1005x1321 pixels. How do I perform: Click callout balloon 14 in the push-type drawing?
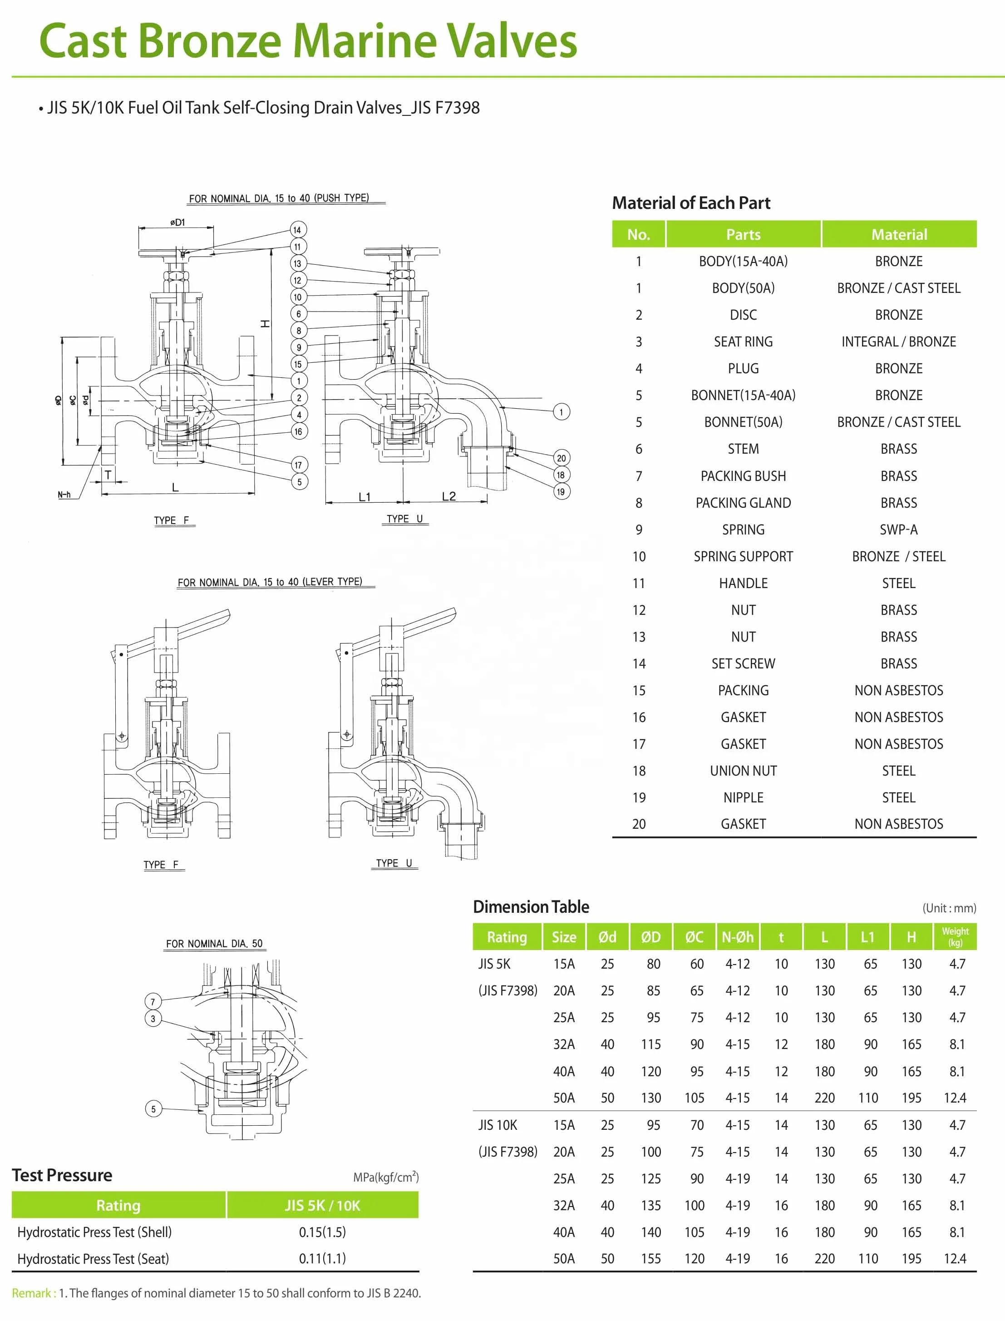(297, 230)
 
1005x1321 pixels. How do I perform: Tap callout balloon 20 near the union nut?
(561, 458)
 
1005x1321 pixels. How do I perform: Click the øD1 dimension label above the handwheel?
(177, 223)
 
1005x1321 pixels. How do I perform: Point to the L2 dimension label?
(448, 496)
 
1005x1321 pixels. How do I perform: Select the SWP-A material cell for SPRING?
(898, 529)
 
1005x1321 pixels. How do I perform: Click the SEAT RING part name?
(743, 341)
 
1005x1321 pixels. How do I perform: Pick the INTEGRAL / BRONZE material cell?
(898, 341)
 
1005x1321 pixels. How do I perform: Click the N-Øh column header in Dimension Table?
(737, 937)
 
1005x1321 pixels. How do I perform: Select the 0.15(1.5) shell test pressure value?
(322, 1232)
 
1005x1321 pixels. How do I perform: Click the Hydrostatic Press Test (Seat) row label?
(94, 1258)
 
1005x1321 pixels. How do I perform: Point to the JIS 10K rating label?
(498, 1125)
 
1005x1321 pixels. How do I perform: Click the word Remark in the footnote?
(31, 1293)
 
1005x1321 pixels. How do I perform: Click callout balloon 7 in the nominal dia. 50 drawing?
(153, 1001)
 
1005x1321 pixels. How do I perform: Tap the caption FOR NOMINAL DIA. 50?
(214, 944)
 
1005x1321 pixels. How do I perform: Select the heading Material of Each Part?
(691, 203)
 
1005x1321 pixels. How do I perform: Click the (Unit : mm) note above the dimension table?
(949, 908)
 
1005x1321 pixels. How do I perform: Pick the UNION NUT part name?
(743, 771)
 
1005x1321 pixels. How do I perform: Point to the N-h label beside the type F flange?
(64, 494)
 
